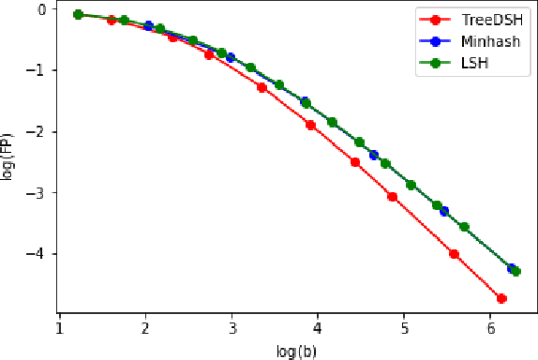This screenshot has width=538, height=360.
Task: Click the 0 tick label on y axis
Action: [x=40, y=10]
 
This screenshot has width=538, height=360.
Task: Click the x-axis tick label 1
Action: [x=59, y=327]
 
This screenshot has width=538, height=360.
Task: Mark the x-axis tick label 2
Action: [x=145, y=327]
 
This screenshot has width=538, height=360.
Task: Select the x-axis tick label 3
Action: [x=232, y=327]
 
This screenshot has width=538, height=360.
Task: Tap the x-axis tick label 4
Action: [x=318, y=327]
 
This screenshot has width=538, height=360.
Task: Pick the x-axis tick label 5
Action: [x=404, y=327]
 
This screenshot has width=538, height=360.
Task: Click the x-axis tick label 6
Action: [x=490, y=327]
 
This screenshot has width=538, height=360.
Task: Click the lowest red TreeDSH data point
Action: [x=501, y=299]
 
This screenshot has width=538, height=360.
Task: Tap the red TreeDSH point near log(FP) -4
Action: [x=454, y=254]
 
